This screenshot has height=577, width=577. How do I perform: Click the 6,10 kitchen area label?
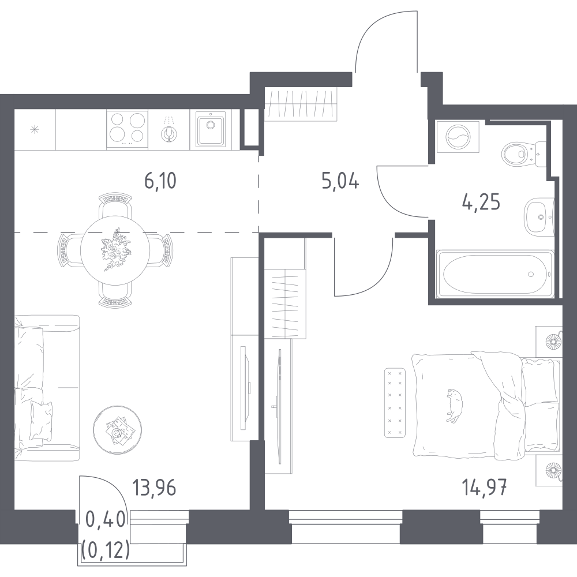[160, 181]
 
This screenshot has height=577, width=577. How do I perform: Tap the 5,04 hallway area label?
[340, 181]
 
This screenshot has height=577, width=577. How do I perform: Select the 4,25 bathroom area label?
[481, 203]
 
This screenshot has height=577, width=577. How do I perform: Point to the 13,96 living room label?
[155, 488]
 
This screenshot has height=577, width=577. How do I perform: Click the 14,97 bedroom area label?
[484, 488]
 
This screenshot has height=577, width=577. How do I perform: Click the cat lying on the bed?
[455, 405]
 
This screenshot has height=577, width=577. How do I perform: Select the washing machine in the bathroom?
[458, 137]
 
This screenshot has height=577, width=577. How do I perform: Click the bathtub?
[495, 273]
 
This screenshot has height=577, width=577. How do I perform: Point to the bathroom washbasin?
[539, 217]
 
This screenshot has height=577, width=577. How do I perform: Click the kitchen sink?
[210, 129]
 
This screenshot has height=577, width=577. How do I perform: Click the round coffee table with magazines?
[117, 429]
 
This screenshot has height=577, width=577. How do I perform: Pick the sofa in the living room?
[47, 388]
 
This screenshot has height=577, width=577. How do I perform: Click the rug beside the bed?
[395, 403]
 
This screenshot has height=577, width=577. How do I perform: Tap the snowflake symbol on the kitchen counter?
[35, 129]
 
